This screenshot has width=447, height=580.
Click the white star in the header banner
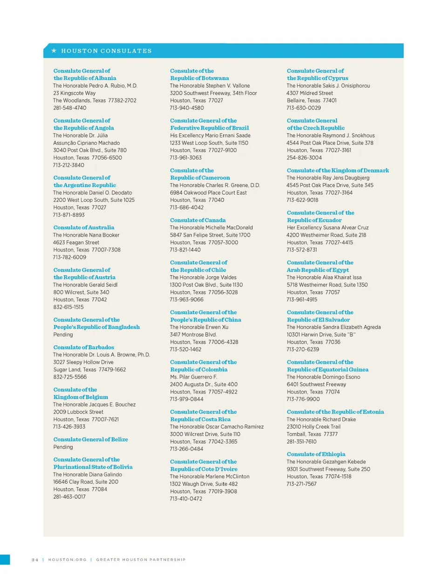(54, 50)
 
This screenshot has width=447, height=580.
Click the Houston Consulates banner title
(106, 51)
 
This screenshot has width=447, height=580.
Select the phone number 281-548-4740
(69, 108)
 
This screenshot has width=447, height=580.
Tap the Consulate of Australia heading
(83, 227)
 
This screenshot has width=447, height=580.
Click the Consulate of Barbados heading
(83, 347)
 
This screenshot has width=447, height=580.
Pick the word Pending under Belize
(63, 447)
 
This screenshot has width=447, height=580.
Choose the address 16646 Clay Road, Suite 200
(86, 482)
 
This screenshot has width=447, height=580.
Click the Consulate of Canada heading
(197, 220)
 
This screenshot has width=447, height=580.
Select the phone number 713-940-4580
(187, 108)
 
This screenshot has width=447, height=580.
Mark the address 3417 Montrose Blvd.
(193, 334)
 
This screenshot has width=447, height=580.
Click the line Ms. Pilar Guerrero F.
(193, 377)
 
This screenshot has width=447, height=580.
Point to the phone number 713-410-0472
(186, 498)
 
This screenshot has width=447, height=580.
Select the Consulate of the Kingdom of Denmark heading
(338, 171)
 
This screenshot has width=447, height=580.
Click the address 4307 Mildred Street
(310, 93)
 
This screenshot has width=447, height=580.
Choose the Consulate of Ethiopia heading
(316, 454)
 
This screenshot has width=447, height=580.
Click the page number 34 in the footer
(35, 560)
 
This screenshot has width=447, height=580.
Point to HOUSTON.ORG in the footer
(67, 560)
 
